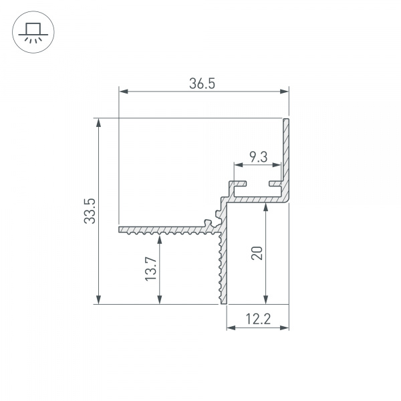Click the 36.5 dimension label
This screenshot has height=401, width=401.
(x=202, y=84)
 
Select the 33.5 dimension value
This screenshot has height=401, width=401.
(x=90, y=211)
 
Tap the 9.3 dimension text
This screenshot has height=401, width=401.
(x=258, y=157)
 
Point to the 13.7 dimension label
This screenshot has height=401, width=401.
(x=151, y=269)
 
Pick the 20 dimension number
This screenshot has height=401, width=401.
(x=257, y=253)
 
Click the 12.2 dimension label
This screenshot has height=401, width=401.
(x=258, y=319)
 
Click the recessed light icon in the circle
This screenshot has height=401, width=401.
(x=33, y=33)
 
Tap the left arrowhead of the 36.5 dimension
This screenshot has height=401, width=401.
(x=124, y=92)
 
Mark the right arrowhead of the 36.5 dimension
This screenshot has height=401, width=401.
(x=284, y=92)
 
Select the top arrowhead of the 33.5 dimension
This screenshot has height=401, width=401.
(x=98, y=123)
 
